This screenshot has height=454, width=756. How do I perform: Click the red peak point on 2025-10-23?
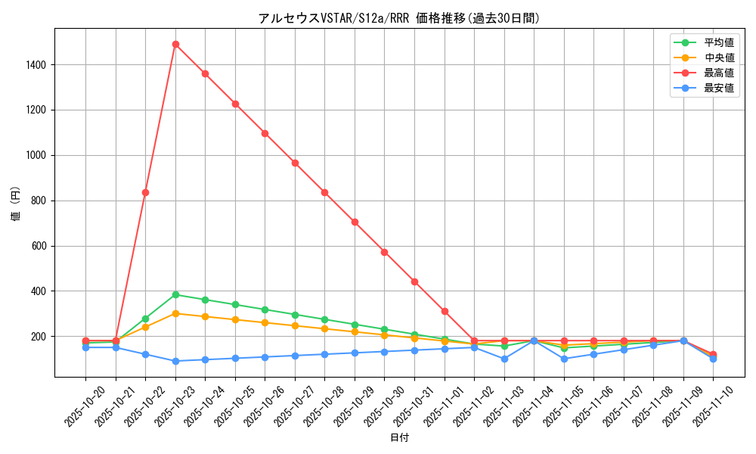pyautogui.click(x=175, y=44)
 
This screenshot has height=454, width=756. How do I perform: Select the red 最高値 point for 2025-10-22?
pyautogui.click(x=145, y=192)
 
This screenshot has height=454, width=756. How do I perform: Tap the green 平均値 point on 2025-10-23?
pyautogui.click(x=175, y=294)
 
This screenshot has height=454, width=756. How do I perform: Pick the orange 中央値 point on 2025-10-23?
pyautogui.click(x=175, y=313)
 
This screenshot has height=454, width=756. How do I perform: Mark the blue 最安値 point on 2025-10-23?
pyautogui.click(x=175, y=361)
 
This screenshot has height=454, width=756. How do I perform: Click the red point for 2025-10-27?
pyautogui.click(x=295, y=163)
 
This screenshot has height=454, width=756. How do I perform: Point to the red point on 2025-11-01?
pyautogui.click(x=445, y=311)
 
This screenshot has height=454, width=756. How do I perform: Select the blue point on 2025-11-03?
pyautogui.click(x=504, y=359)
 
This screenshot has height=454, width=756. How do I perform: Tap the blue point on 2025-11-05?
pyautogui.click(x=564, y=359)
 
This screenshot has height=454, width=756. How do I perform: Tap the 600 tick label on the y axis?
pyautogui.click(x=38, y=246)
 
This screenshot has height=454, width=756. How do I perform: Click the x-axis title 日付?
pyautogui.click(x=399, y=438)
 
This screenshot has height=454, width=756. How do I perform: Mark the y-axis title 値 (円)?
pyautogui.click(x=15, y=204)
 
